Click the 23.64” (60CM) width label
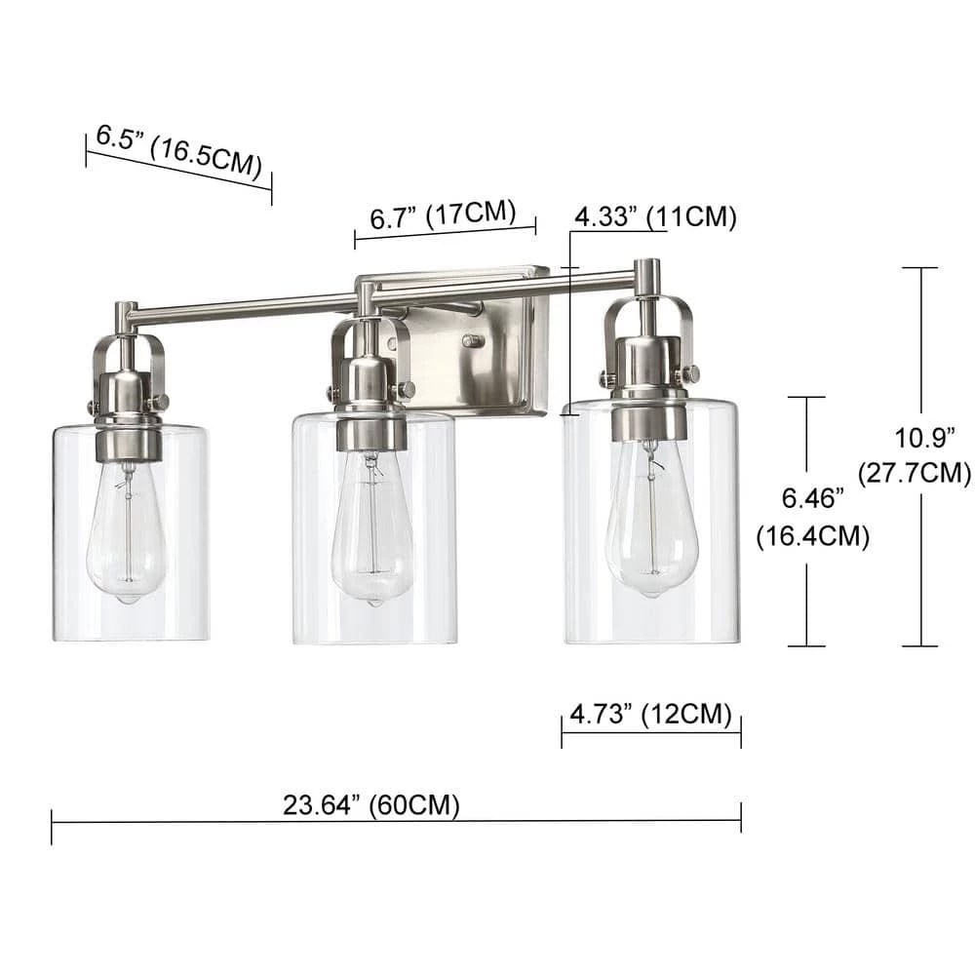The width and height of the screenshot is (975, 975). pyautogui.click(x=371, y=805)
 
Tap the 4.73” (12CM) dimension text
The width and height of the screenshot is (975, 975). pyautogui.click(x=650, y=714)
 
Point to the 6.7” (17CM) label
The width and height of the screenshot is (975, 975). pyautogui.click(x=443, y=214)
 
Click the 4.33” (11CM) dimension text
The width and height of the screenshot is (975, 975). pyautogui.click(x=655, y=217)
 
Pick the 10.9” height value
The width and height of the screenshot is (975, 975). pyautogui.click(x=924, y=439)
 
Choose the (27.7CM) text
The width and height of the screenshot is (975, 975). pyautogui.click(x=915, y=473)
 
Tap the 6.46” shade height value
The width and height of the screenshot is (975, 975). pyautogui.click(x=813, y=498)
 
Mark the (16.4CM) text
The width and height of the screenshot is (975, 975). pyautogui.click(x=813, y=536)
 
